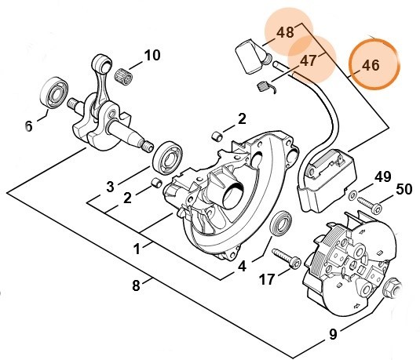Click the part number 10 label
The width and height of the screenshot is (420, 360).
point(151,56)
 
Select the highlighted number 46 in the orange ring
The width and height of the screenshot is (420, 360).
point(372,66)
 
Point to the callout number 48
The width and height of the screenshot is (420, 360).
point(286,33)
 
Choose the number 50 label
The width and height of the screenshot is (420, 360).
point(404,189)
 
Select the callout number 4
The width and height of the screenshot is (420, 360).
point(242,266)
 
